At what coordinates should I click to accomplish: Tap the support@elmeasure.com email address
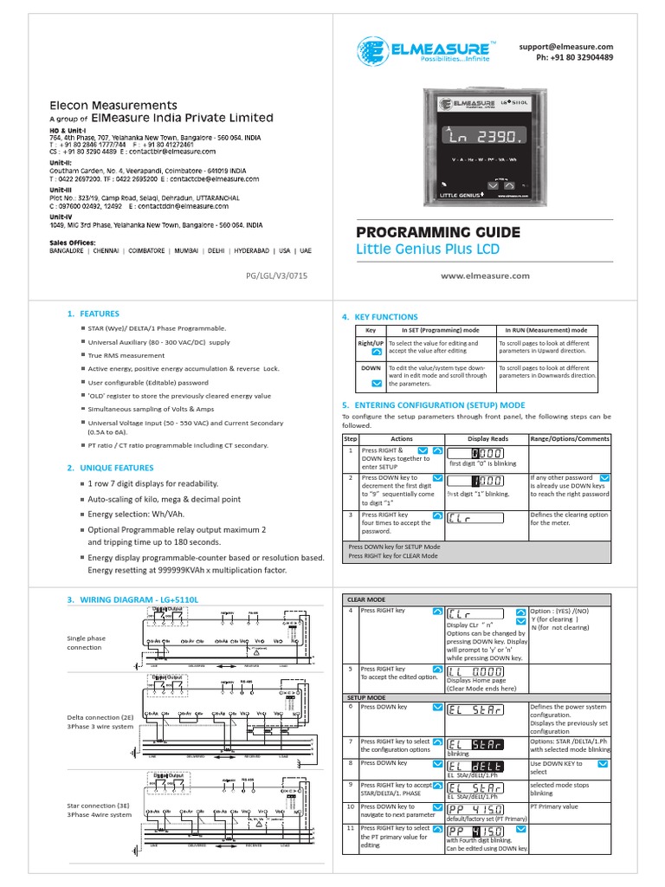566,46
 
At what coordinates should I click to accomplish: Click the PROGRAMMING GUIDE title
438,232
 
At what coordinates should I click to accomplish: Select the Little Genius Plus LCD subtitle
428,250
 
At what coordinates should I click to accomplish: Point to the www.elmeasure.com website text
485,275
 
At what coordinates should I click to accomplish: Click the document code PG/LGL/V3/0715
277,275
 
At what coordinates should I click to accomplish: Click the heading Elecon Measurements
113,105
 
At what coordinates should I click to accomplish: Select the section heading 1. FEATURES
93,314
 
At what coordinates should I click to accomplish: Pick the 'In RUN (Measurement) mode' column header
546,330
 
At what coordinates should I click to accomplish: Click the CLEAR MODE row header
366,599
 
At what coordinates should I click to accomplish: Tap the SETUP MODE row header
366,696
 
